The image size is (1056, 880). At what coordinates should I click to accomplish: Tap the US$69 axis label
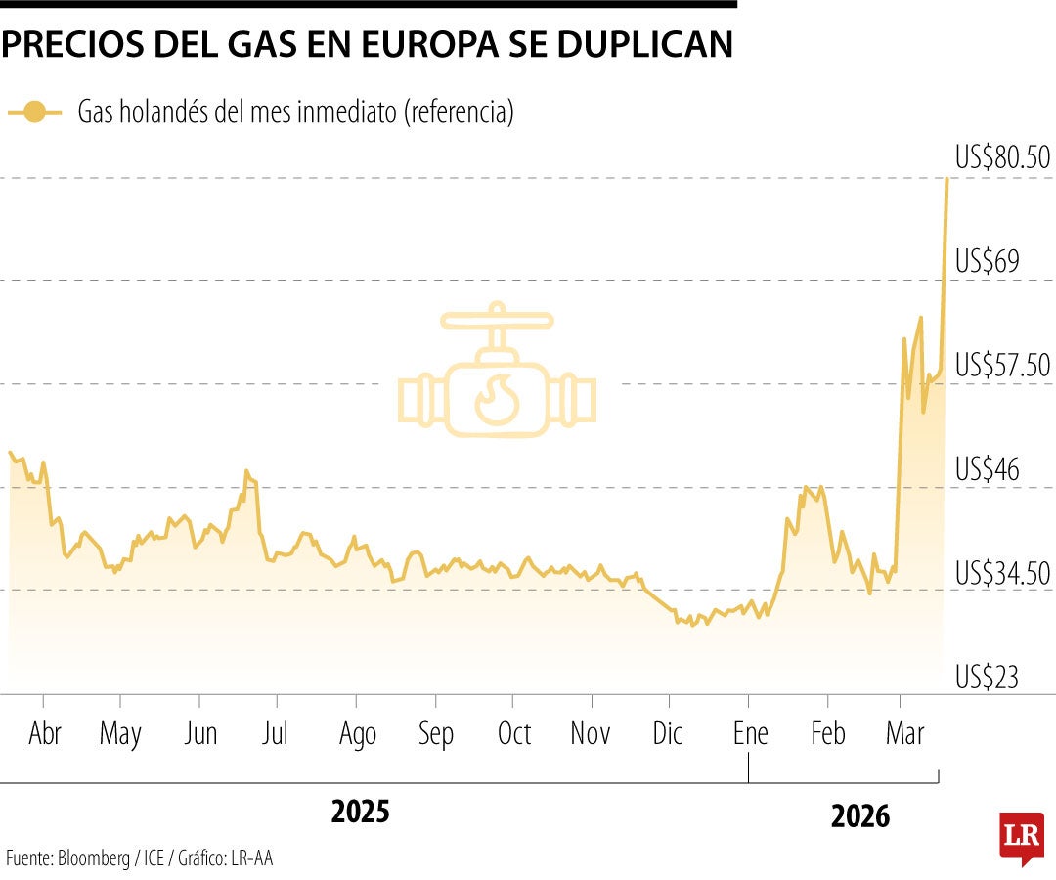988,262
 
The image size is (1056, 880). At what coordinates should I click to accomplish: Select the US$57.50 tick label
1002,366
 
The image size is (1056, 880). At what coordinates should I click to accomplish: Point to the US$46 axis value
988,469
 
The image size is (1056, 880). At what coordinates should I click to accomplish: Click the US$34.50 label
1002,573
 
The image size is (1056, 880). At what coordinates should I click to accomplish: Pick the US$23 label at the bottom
988,677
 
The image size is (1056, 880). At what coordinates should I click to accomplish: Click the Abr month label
45,734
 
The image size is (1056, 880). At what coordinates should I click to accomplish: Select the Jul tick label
276,734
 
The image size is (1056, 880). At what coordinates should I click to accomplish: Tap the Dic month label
668,734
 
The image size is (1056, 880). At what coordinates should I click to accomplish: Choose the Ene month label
750,734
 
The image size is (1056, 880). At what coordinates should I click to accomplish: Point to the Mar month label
904,734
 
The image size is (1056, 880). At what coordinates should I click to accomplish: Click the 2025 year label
360,812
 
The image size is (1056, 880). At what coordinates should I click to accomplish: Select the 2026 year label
860,815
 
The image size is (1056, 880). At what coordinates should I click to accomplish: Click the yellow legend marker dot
35,112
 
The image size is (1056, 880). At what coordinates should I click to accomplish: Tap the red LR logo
1021,837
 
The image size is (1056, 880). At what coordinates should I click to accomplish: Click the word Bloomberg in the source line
93,859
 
